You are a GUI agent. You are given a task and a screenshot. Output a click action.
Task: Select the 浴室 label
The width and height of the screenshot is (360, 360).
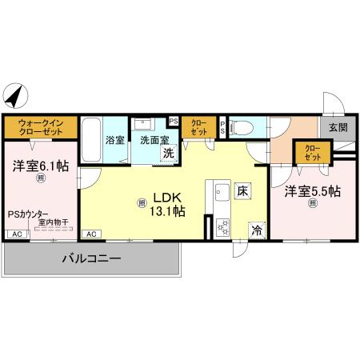(114, 139)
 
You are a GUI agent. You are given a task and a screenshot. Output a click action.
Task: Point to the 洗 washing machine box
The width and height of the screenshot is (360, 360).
(168, 153)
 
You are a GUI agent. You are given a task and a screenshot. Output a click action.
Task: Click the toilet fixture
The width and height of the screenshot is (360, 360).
(242, 126)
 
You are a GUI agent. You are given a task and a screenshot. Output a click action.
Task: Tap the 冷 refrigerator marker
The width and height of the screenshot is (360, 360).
(258, 228)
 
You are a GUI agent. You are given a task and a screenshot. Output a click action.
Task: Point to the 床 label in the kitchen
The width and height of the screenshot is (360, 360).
(242, 191)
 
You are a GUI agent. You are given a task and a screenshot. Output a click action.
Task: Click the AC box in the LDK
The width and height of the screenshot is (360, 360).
(90, 234)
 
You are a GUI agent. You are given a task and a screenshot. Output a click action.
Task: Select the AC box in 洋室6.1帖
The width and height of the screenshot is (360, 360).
(16, 234)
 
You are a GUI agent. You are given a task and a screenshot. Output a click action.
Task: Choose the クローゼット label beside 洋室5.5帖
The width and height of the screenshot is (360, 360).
(312, 151)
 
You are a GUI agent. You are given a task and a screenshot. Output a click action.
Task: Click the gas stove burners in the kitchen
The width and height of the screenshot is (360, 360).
(222, 224)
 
